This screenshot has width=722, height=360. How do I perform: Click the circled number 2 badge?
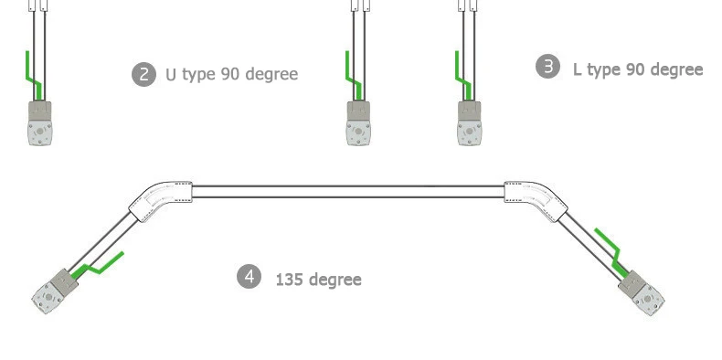[143, 74]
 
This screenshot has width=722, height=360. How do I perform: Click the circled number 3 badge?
[548, 67]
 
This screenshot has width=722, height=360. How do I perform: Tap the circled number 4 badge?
[250, 277]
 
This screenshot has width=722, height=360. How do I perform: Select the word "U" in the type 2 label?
[171, 75]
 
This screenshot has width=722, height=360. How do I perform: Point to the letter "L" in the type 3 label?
[578, 70]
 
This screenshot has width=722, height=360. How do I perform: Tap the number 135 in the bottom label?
[288, 280]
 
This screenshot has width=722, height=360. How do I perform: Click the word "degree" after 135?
[334, 280]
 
